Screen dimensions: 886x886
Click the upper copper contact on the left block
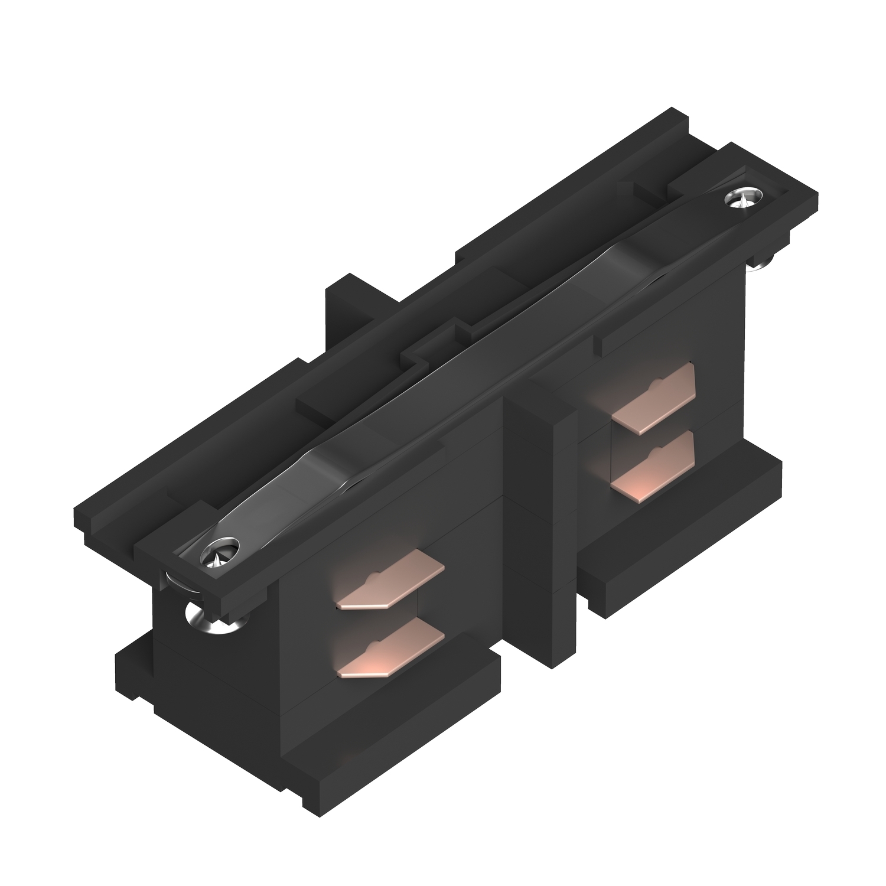[x=391, y=579]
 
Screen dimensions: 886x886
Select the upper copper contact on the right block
[x=654, y=399]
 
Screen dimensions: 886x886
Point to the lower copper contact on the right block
[x=654, y=463]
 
